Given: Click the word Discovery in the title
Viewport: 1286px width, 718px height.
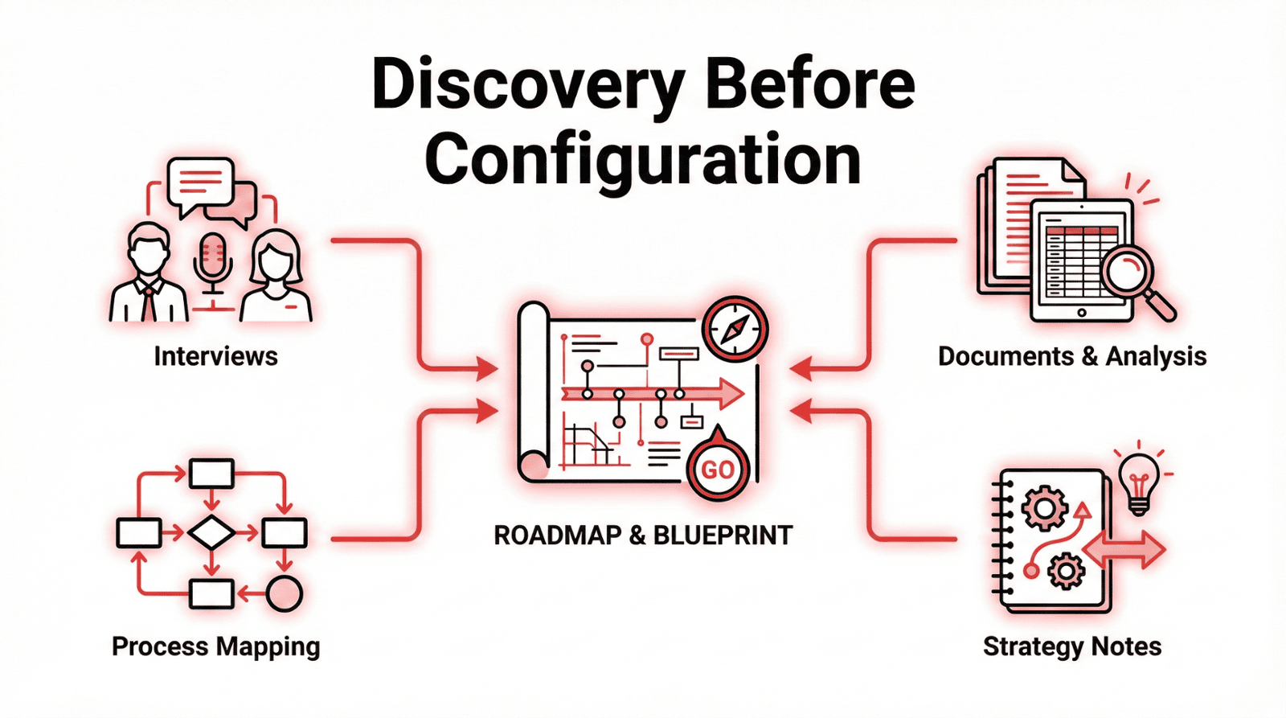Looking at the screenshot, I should coord(527,86).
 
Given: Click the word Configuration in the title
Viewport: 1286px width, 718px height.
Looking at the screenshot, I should coord(642,160).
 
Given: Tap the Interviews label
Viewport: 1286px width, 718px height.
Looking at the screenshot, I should coord(215,356).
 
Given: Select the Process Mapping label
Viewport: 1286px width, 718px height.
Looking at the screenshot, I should coord(215,646).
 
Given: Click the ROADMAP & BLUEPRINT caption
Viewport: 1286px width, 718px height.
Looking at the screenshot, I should coord(643,535).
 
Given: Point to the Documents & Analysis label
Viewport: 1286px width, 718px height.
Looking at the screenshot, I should coord(1072,356).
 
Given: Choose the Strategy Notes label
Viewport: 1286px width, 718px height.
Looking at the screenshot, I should coord(1072,646).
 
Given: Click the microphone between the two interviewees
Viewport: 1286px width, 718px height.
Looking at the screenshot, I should coord(213,261).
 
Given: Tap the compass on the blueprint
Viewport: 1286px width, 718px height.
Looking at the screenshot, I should coord(735,329).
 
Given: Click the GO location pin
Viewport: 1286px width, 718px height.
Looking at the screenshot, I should coord(718,467).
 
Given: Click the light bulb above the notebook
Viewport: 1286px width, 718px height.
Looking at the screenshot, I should coord(1139,480).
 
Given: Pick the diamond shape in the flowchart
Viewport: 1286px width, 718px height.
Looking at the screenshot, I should coord(211,532).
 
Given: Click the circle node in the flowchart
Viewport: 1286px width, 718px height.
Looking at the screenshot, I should coord(284,594).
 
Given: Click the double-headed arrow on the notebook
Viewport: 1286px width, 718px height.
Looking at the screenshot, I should coord(1124,551).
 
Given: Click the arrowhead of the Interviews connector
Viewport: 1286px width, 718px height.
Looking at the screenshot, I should coord(487,369).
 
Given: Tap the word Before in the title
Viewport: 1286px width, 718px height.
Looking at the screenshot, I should coord(809,86).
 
